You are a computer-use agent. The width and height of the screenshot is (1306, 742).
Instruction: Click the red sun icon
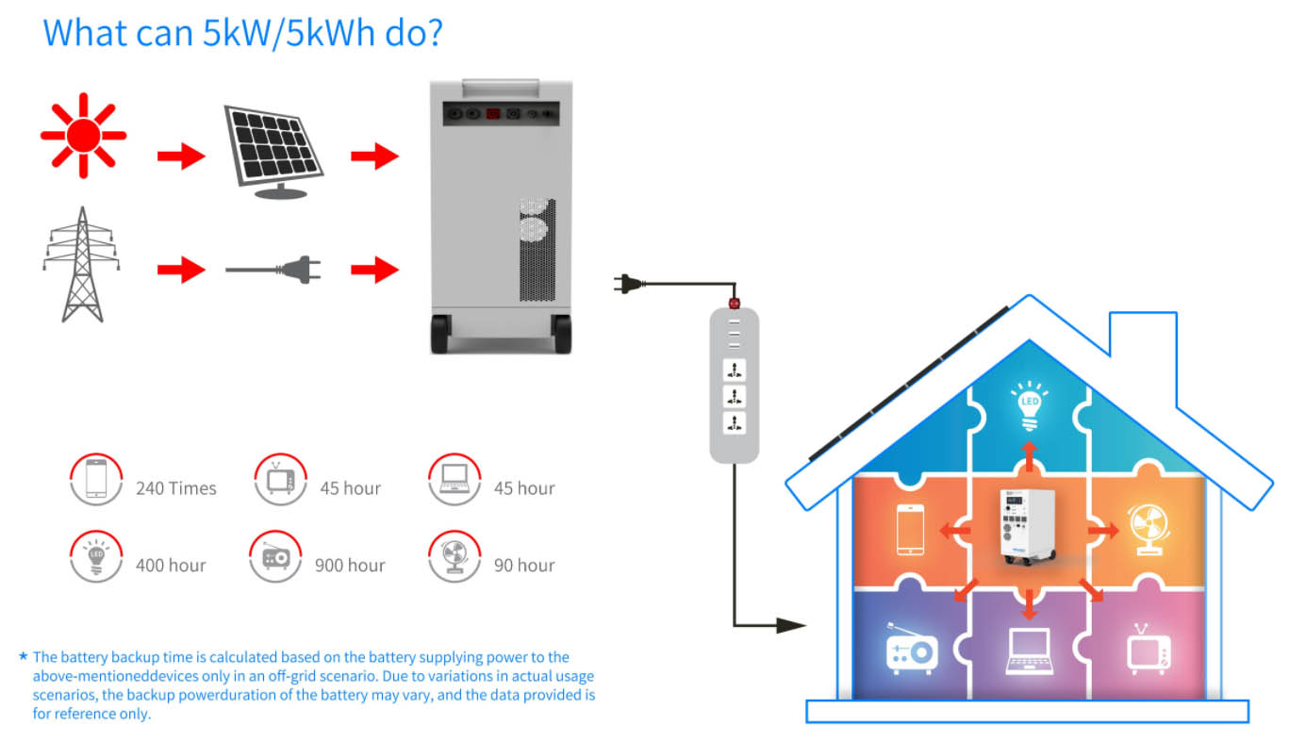[x=83, y=136]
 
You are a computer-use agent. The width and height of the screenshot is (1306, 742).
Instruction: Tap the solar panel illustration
[x=273, y=150]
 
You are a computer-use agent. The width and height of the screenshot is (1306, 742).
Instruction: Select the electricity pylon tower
[x=82, y=265]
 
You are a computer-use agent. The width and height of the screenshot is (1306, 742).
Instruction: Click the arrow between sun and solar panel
[x=180, y=157]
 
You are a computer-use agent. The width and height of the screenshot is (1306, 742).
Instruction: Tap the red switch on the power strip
[x=733, y=305]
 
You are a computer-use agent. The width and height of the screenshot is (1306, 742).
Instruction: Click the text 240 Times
[x=175, y=488]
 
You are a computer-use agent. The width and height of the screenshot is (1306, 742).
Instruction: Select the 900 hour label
[x=350, y=566]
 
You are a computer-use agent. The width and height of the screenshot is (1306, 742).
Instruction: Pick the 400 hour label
[x=171, y=566]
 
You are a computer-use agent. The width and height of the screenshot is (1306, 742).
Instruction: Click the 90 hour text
[x=523, y=566]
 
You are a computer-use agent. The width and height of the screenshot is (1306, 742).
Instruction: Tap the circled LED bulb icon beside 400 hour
[x=95, y=556]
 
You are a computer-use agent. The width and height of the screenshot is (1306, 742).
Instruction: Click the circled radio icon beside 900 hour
[x=275, y=556]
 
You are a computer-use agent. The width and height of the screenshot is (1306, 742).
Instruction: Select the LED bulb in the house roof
[x=1029, y=404]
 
